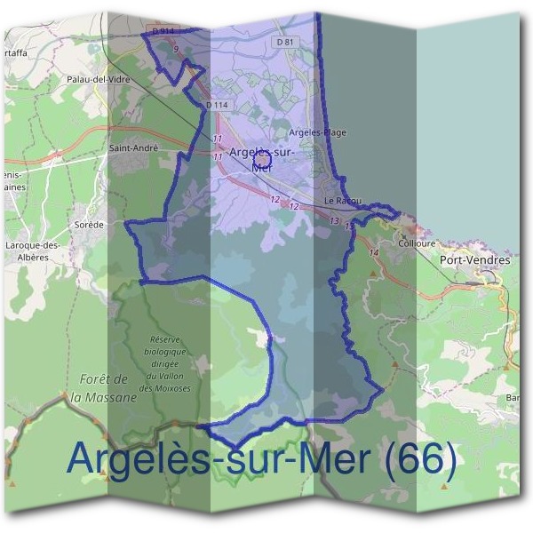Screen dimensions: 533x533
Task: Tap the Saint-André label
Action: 133,148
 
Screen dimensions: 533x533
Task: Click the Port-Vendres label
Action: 475,260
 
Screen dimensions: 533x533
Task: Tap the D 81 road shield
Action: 284,42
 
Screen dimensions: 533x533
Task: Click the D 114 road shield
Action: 217,106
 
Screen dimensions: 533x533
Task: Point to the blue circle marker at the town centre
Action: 261,159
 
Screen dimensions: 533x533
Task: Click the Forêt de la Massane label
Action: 105,388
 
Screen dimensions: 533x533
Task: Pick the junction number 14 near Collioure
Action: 373,253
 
